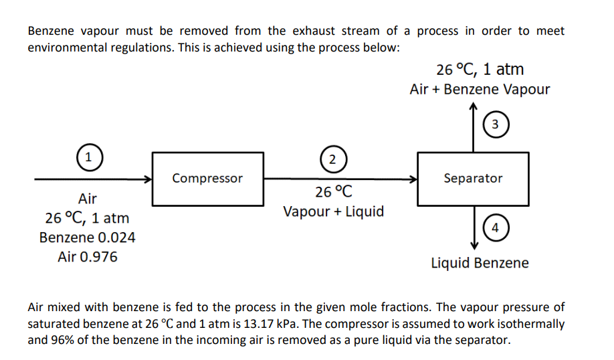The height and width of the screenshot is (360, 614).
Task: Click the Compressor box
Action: coord(208,179)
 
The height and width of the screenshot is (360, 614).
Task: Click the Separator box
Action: coord(473,179)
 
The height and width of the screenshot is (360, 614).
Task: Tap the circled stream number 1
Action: coord(86,159)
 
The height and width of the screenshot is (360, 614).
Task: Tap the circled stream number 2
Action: coord(332,159)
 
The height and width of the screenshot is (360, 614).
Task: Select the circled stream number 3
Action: coord(494,124)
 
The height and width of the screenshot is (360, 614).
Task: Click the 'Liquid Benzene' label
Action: coord(480,263)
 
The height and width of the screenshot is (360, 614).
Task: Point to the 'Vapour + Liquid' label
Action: coord(333,212)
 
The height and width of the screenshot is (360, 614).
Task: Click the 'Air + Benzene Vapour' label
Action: coord(480,90)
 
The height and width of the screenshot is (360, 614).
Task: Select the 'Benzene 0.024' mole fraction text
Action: coord(87,238)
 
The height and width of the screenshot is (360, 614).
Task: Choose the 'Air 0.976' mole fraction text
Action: coord(87,257)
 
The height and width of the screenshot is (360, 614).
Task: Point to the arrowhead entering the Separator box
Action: coord(414,179)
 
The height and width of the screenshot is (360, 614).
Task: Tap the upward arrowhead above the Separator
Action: coord(474,107)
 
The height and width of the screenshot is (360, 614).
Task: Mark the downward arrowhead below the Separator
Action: coord(474,246)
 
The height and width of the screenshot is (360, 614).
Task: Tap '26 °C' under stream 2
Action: coord(333,193)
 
